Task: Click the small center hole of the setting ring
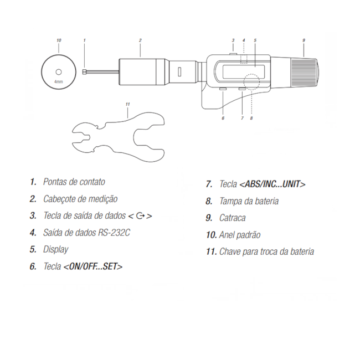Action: pyautogui.click(x=59, y=72)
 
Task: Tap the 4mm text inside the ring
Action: pyautogui.click(x=59, y=82)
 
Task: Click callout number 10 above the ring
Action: pyautogui.click(x=59, y=40)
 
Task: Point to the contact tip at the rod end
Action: pyautogui.click(x=84, y=72)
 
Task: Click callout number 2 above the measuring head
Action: pyautogui.click(x=140, y=40)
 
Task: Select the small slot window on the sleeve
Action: pyautogui.click(x=179, y=71)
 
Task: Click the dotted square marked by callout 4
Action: pyautogui.click(x=244, y=59)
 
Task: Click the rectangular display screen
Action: pyautogui.click(x=243, y=71)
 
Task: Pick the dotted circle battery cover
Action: pyautogui.click(x=252, y=82)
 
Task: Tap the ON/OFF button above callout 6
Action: pyautogui.click(x=223, y=89)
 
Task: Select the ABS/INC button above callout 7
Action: pyautogui.click(x=242, y=89)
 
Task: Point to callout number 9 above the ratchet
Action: pyautogui.click(x=304, y=40)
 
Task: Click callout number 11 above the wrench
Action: pyautogui.click(x=127, y=104)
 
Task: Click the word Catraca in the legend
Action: pyautogui.click(x=233, y=218)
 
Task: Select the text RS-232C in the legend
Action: pyautogui.click(x=114, y=233)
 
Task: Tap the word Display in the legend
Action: pyautogui.click(x=55, y=250)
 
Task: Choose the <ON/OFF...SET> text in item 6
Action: pyautogui.click(x=92, y=266)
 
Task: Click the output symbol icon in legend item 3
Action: pyautogui.click(x=140, y=216)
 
